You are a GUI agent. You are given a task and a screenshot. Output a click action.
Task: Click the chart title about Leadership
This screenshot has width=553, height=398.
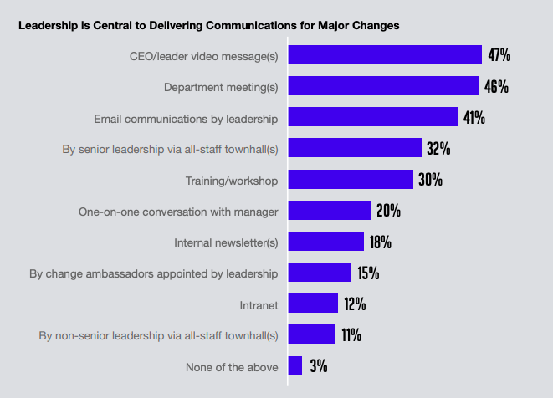pos(209,25)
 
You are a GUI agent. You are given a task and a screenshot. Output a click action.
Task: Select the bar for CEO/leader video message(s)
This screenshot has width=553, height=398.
pos(385,55)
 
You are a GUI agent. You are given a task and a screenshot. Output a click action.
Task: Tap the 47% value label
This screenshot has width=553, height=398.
pos(499,55)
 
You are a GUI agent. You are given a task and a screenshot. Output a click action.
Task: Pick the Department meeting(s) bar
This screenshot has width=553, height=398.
pos(383,86)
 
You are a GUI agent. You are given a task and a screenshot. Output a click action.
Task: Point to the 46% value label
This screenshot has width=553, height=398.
pos(497,86)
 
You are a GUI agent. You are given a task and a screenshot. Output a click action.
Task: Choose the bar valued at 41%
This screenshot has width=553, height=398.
pos(373,117)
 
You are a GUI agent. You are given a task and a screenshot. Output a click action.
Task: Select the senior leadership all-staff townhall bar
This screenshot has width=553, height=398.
pos(355,148)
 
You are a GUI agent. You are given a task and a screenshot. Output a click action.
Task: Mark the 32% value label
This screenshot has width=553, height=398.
pos(438,149)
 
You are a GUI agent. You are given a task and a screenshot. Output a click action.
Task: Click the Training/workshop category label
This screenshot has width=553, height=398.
pos(231,180)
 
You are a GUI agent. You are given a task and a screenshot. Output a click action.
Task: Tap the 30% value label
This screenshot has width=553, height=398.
pos(431,180)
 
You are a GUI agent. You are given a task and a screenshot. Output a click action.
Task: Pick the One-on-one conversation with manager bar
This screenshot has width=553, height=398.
pos(330,211)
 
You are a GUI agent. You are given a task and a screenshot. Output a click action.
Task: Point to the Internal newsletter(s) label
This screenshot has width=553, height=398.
pos(226,242)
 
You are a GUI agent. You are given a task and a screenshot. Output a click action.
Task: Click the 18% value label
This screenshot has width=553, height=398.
pos(381,242)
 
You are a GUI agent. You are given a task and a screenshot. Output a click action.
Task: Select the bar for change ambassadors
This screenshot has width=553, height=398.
pos(320,273)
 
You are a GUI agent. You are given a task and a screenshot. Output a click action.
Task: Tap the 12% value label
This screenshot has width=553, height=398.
pos(355,304)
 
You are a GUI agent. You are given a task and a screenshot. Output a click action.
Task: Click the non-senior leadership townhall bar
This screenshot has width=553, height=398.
pos(311,335)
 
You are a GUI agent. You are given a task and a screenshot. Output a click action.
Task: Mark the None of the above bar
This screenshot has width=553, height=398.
pos(295,366)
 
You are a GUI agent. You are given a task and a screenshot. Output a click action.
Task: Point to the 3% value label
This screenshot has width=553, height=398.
pos(318,366)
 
